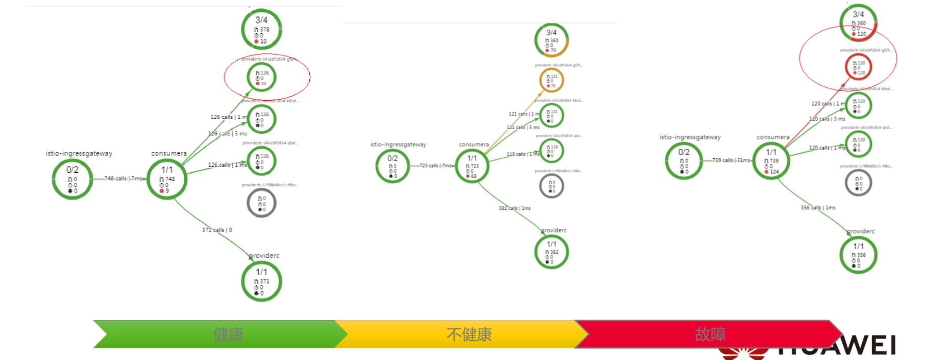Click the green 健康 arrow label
pyautogui.click(x=228, y=334)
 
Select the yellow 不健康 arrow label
pyautogui.click(x=469, y=334)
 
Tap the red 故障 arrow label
pyautogui.click(x=710, y=334)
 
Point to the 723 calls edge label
pyautogui.click(x=436, y=165)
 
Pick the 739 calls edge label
pyautogui.click(x=731, y=160)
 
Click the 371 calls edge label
pyautogui.click(x=217, y=230)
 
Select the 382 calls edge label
pyautogui.click(x=515, y=208)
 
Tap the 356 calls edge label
pyautogui.click(x=818, y=208)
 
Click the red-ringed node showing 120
pyautogui.click(x=858, y=67)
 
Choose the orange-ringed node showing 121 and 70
pyautogui.click(x=551, y=81)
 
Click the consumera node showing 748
pyautogui.click(x=167, y=179)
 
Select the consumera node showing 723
pyautogui.click(x=472, y=165)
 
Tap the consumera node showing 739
pyautogui.click(x=771, y=161)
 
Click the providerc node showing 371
pyautogui.click(x=261, y=281)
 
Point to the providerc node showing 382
pyautogui.click(x=551, y=252)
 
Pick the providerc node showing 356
pyautogui.click(x=858, y=255)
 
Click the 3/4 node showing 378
pyautogui.click(x=261, y=29)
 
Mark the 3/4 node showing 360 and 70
pyautogui.click(x=551, y=40)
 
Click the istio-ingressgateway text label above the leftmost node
pyautogui.click(x=79, y=153)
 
